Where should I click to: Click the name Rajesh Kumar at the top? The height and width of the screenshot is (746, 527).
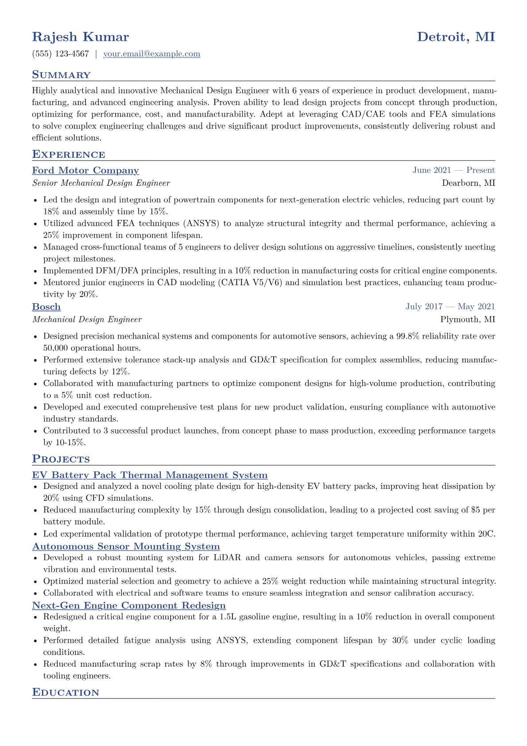click(81, 37)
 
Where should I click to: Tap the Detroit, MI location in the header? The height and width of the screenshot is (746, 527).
click(456, 37)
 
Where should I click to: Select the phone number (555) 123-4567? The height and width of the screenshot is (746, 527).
click(61, 54)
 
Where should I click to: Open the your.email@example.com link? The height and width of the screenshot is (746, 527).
click(151, 54)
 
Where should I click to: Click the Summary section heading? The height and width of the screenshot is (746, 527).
click(61, 75)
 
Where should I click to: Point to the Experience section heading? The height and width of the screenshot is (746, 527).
click(69, 155)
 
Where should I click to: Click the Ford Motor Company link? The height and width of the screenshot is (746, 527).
click(85, 171)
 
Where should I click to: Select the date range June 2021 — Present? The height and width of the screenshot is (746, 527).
click(453, 170)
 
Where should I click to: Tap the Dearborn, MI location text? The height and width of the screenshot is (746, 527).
click(469, 183)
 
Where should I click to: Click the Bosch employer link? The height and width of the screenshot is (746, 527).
click(46, 307)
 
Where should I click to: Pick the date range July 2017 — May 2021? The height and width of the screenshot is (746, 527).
click(450, 307)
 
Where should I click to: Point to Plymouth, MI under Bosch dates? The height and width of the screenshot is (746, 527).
click(468, 320)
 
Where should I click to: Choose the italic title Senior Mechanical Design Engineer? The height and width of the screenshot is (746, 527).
click(101, 183)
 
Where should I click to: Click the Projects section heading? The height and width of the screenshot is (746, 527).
click(61, 459)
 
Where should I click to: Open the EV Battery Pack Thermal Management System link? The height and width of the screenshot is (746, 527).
click(150, 476)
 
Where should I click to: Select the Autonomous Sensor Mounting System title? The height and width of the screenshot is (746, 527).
click(126, 547)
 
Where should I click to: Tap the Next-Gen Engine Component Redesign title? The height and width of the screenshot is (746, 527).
click(129, 605)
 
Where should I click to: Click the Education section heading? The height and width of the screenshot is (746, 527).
click(66, 693)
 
